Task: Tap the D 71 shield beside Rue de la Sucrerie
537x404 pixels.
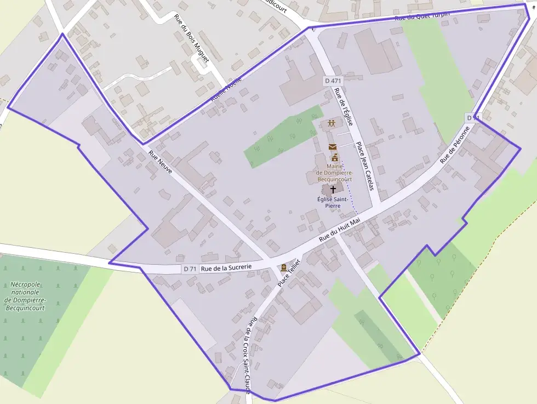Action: click(x=190, y=269)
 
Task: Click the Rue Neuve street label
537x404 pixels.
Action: click(x=161, y=163)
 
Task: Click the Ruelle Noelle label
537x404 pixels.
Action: click(x=225, y=90)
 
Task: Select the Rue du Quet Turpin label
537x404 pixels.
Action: click(x=422, y=16)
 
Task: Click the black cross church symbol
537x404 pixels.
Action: click(x=333, y=189)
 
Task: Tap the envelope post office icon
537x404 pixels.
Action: click(x=332, y=147)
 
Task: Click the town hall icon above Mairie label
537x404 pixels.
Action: click(x=334, y=157)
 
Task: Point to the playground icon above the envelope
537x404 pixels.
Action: click(x=331, y=123)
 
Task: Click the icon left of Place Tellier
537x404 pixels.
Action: click(x=283, y=268)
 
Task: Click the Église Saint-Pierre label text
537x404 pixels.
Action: click(x=333, y=202)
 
